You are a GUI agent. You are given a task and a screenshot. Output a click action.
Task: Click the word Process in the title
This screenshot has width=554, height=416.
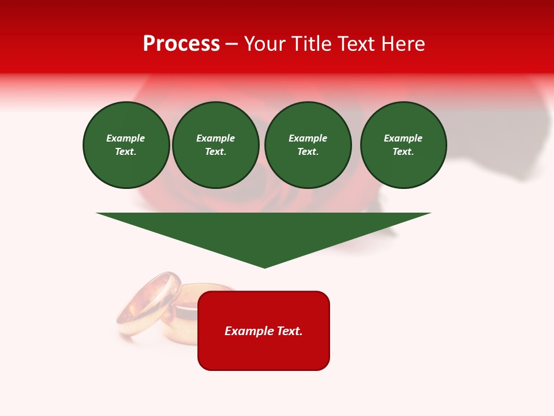click(x=181, y=44)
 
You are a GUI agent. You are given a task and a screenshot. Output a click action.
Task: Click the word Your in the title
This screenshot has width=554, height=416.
click(x=265, y=44)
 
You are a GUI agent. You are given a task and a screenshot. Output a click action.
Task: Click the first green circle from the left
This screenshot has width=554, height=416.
click(x=126, y=145)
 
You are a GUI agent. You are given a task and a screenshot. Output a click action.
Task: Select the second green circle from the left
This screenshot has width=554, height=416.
click(x=215, y=145)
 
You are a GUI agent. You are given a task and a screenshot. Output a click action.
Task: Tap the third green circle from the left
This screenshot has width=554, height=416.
click(x=308, y=145)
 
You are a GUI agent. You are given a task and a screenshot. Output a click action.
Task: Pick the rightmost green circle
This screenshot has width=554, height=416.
click(x=403, y=145)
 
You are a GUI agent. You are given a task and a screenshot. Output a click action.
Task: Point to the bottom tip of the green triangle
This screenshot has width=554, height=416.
click(x=264, y=267)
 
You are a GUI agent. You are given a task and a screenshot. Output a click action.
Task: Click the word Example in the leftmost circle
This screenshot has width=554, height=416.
click(x=126, y=139)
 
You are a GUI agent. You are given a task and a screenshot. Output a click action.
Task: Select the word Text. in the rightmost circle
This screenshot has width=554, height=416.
click(x=403, y=152)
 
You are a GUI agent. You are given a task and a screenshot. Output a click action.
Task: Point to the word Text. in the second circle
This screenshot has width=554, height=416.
click(x=215, y=152)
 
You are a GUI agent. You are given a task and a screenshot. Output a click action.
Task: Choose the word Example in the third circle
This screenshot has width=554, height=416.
click(x=308, y=139)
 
